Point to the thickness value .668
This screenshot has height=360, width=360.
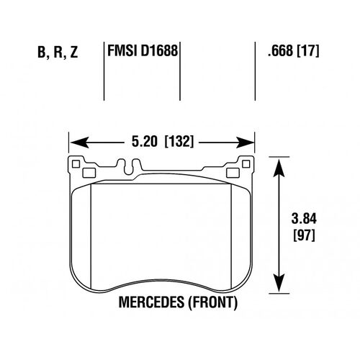click(x=280, y=52)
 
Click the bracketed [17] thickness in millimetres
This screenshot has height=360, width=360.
click(x=308, y=52)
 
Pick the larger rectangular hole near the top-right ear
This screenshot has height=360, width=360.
click(x=233, y=173)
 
